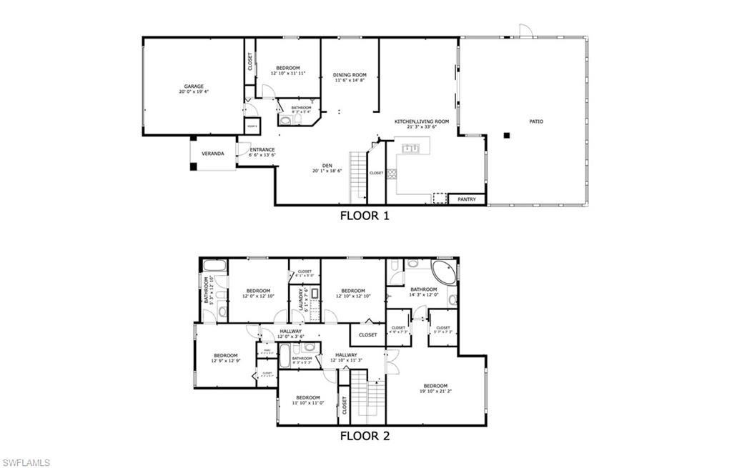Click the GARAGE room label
[x=194, y=86]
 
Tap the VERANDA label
[x=212, y=154]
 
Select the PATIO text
[x=535, y=121]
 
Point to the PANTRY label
[x=467, y=199]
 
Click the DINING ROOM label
[x=350, y=75]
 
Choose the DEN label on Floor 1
[x=327, y=166]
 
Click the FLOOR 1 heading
[x=365, y=216]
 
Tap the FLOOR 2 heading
[x=365, y=435]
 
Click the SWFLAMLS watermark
[x=26, y=462]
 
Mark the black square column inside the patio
[x=506, y=135]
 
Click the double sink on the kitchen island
[x=410, y=149]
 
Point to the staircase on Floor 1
[x=357, y=177]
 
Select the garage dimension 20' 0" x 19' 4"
[x=194, y=92]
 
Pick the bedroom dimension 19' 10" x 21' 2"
[x=435, y=392]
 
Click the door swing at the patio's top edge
[x=525, y=30]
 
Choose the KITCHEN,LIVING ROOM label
[x=422, y=121]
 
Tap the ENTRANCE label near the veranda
[x=262, y=149]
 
